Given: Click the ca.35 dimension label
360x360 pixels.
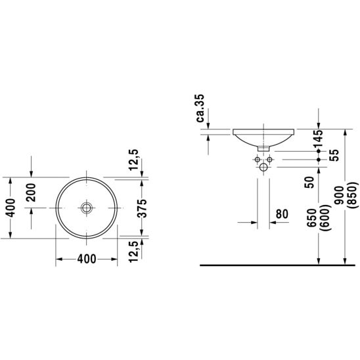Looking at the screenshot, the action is pos(200,108).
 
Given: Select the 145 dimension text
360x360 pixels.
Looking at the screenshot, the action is pos(319,138).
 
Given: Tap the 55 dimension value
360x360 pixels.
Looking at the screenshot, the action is pos(334,155).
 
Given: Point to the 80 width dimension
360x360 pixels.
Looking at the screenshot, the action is pos(282,214).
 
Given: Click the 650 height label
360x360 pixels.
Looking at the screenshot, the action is pos(312,217).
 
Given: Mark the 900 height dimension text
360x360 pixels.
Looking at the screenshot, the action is pos(339,195).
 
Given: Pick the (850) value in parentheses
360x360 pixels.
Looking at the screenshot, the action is pos(353,195).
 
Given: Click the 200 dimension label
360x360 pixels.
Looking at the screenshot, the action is pos(31,192).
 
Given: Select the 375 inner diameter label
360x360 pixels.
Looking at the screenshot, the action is pos(141,208).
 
